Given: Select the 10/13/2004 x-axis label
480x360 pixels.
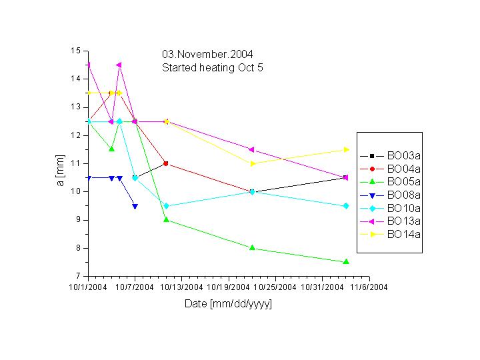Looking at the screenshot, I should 181,287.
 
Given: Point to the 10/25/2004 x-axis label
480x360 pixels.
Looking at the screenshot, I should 275,287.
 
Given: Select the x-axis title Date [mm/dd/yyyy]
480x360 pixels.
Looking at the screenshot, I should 228,304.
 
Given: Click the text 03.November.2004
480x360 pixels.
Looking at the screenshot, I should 207,54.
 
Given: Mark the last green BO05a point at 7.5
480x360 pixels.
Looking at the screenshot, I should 345,262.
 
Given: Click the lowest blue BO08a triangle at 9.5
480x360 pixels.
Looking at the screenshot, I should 135,206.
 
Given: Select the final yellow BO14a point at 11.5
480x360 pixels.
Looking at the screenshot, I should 345,149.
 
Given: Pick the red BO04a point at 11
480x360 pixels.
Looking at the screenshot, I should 166,163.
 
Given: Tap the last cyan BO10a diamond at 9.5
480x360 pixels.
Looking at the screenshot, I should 345,206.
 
